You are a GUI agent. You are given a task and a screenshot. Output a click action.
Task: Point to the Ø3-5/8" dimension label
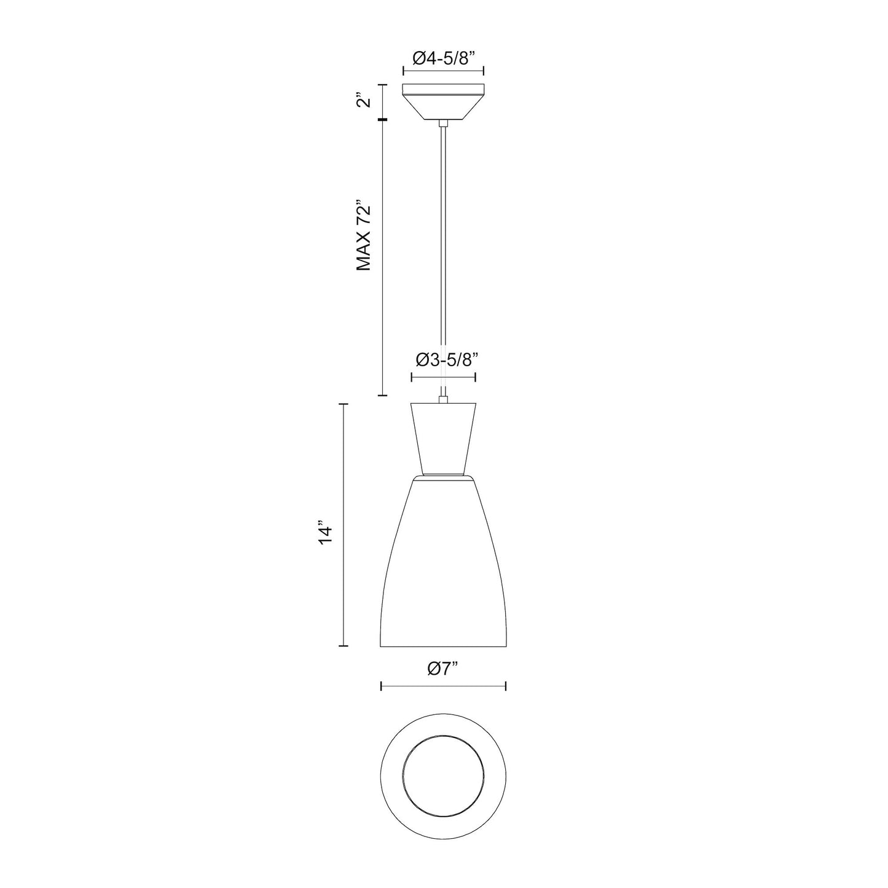pyautogui.click(x=443, y=360)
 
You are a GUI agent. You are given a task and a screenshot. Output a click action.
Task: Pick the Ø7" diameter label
pyautogui.click(x=443, y=669)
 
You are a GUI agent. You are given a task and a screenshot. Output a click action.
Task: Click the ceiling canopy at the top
pyautogui.click(x=443, y=101)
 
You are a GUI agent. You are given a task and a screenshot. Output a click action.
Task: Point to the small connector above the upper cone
pyautogui.click(x=443, y=401)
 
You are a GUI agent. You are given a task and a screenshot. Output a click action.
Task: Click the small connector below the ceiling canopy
pyautogui.click(x=443, y=124)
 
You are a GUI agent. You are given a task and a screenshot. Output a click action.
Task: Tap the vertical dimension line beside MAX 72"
pyautogui.click(x=383, y=258)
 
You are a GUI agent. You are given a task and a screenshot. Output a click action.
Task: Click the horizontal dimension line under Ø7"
pyautogui.click(x=443, y=686)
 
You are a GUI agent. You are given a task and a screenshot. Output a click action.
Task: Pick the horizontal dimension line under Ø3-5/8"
pyautogui.click(x=443, y=377)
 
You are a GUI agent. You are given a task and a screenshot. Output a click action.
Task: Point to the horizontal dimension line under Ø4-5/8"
pyautogui.click(x=443, y=73)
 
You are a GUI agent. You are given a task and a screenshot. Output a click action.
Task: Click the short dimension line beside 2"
pyautogui.click(x=383, y=101)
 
